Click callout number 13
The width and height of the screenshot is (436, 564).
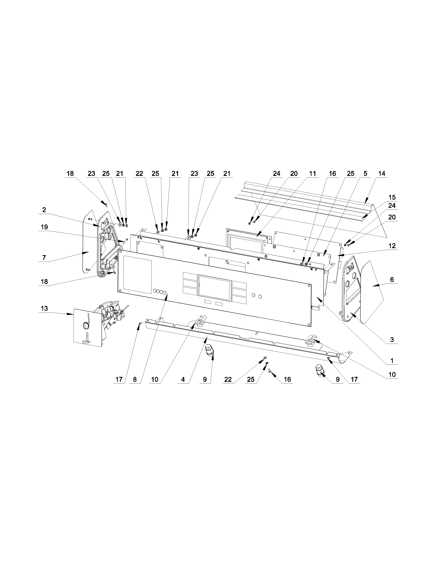click(44, 308)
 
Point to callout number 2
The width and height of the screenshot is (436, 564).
click(44, 210)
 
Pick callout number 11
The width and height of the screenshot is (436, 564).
click(313, 173)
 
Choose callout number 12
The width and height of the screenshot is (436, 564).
click(392, 246)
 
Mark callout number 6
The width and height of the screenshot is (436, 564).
click(392, 279)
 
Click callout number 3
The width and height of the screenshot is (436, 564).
click(392, 340)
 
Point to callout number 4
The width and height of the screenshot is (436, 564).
click(183, 379)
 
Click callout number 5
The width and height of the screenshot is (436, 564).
click(365, 173)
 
